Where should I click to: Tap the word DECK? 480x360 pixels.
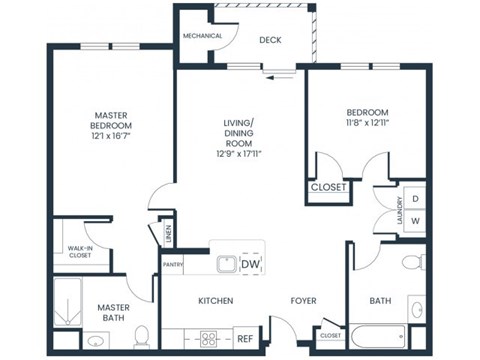click(270, 41)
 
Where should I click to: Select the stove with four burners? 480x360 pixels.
click(211, 338)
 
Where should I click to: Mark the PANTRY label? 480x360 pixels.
click(172, 265)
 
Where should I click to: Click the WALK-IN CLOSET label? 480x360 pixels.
click(79, 251)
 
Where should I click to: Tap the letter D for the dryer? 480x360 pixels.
click(416, 199)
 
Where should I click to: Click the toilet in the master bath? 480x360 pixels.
click(141, 334)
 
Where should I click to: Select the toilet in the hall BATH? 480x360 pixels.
click(410, 263)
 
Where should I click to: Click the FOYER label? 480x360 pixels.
click(304, 301)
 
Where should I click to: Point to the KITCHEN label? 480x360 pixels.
click(215, 301)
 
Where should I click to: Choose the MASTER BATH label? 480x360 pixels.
click(113, 313)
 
